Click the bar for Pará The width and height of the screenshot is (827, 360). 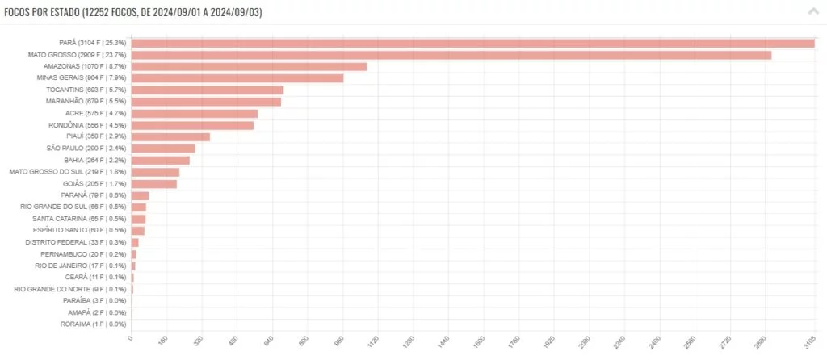[x=472, y=43]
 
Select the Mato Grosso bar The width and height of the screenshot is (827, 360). [x=451, y=55]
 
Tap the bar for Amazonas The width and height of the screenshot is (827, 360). [x=249, y=66]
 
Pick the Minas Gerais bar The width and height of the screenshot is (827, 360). [x=237, y=78]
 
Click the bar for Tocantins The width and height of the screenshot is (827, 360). [x=207, y=90]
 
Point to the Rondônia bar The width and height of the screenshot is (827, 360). [x=192, y=125]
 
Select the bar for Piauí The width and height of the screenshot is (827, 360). [x=170, y=136]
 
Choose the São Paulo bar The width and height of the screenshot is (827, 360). [x=162, y=149]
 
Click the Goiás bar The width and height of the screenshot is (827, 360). [x=153, y=184]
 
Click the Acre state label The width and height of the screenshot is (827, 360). [x=95, y=113]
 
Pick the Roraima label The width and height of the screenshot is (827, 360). [x=93, y=324]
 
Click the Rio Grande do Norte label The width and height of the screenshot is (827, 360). [x=69, y=289]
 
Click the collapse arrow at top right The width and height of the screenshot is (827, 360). [x=812, y=12]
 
